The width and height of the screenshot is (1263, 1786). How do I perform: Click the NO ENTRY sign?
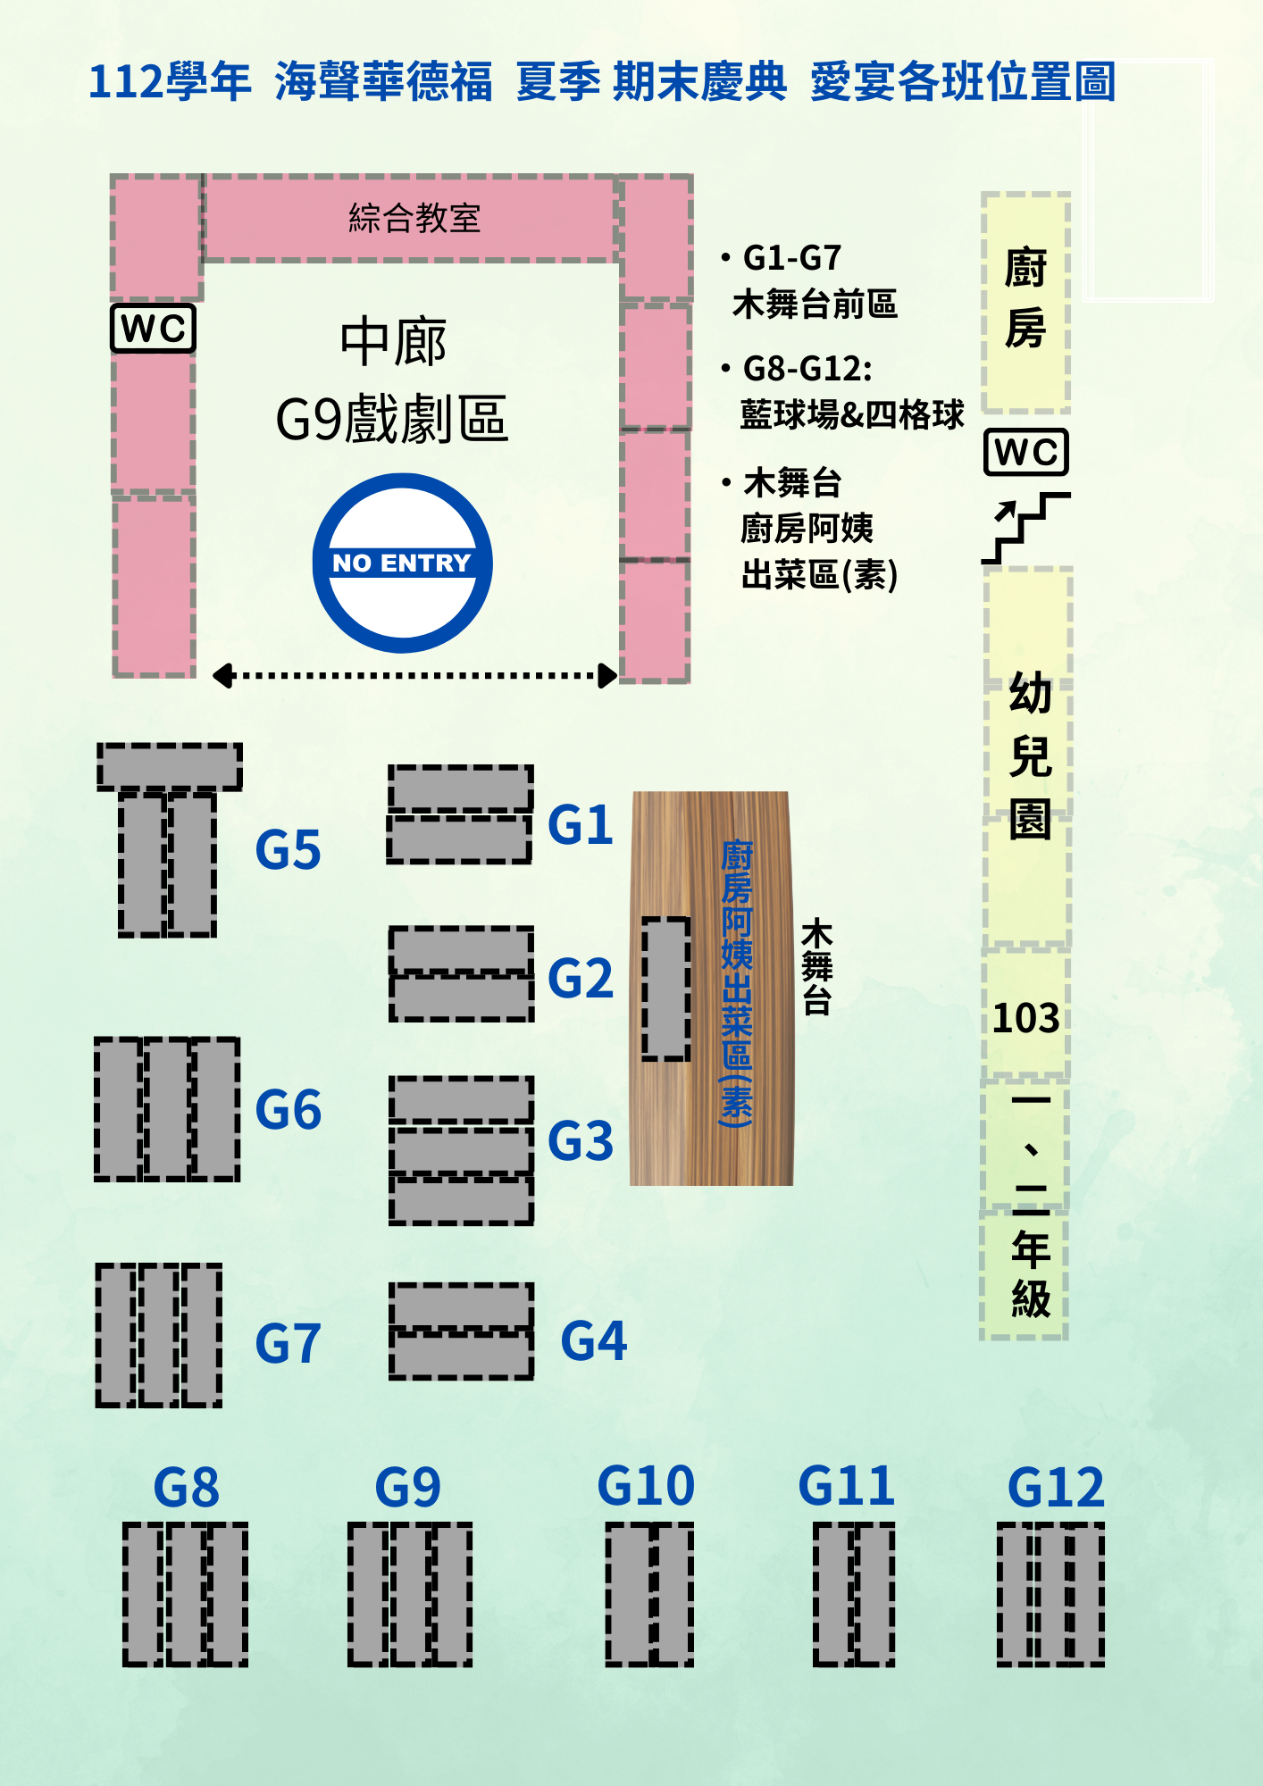(x=402, y=563)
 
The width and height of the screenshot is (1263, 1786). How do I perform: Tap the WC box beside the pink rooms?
(x=153, y=329)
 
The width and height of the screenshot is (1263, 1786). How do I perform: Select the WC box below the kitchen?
(x=1025, y=452)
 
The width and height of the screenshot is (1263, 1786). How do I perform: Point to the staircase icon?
(x=1025, y=528)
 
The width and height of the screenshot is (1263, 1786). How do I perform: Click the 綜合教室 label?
(x=414, y=218)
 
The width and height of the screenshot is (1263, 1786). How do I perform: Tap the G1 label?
(x=580, y=824)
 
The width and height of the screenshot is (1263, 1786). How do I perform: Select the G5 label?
(x=288, y=849)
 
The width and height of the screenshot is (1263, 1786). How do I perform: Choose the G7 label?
(x=288, y=1344)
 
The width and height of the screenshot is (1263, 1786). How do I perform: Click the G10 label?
(x=646, y=1486)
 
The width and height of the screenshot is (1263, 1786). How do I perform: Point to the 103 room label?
(x=1025, y=1018)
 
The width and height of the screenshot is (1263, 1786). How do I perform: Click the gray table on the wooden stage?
(x=666, y=989)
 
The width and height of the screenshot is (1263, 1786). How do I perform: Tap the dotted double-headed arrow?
(x=414, y=675)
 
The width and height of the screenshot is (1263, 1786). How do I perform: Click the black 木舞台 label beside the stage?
(x=816, y=968)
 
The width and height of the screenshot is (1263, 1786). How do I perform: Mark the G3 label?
(x=581, y=1141)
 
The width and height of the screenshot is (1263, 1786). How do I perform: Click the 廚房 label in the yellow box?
(x=1025, y=298)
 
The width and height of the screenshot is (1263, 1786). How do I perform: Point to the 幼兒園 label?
(x=1030, y=756)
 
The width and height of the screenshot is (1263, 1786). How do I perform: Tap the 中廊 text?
(x=393, y=342)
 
